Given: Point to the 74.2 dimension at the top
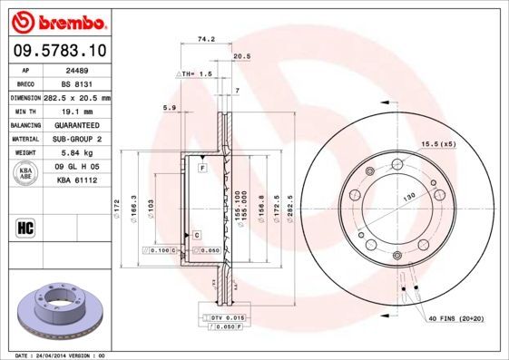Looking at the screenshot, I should [205, 40].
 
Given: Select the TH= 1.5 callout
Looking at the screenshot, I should [194, 73].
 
